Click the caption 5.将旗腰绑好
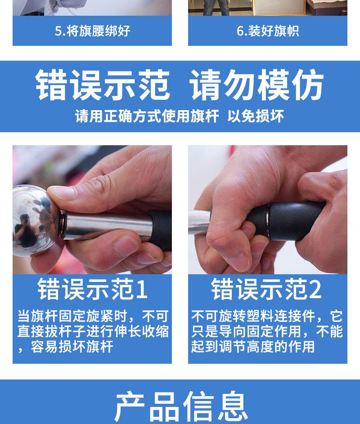pyautogui.click(x=92, y=31)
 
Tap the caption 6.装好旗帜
pyautogui.click(x=268, y=31)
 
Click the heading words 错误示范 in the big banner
pyautogui.click(x=103, y=85)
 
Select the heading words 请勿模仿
pyautogui.click(x=256, y=85)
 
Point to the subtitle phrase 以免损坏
pyautogui.click(x=256, y=116)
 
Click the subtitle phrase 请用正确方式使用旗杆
pyautogui.click(x=147, y=116)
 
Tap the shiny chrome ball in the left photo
pyautogui.click(x=36, y=220)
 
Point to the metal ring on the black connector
pyautogui.click(x=267, y=219)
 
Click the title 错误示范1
pyautogui.click(x=92, y=289)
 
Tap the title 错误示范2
pyautogui.click(x=266, y=289)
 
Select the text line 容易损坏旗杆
pyautogui.click(x=72, y=347)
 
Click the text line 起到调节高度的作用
pyautogui.click(x=253, y=347)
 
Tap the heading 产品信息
pyautogui.click(x=181, y=406)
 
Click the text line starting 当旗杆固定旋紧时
pyautogui.click(x=93, y=316)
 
